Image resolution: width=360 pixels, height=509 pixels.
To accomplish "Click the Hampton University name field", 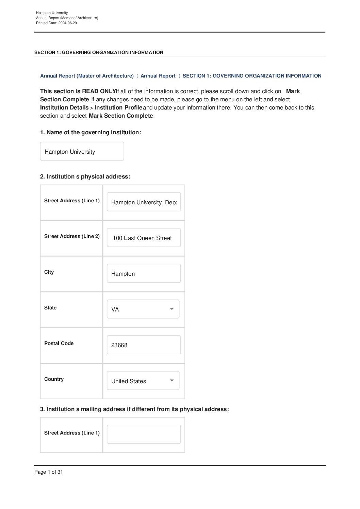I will pyautogui.click(x=82, y=152).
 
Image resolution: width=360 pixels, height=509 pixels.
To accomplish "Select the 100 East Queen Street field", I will pyautogui.click(x=144, y=238).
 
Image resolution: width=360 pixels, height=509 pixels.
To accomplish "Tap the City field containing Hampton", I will pyautogui.click(x=144, y=274).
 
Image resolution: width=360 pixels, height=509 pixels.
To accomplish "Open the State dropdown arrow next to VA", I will pyautogui.click(x=172, y=309).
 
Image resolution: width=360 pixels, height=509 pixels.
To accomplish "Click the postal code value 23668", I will pyautogui.click(x=119, y=345).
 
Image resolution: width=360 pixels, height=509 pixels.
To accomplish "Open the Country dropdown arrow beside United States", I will pyautogui.click(x=172, y=381).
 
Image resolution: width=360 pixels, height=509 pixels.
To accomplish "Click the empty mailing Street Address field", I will pyautogui.click(x=144, y=434).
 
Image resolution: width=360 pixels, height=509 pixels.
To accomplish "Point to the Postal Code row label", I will pyautogui.click(x=59, y=343).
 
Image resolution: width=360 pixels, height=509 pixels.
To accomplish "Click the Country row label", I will pyautogui.click(x=54, y=379).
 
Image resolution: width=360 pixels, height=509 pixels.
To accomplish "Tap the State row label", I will pyautogui.click(x=50, y=308).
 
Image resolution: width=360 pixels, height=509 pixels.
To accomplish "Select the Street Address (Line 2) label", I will pyautogui.click(x=72, y=236).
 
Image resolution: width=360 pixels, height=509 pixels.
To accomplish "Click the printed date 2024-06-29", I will pyautogui.click(x=67, y=23).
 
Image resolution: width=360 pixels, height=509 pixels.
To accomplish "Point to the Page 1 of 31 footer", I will pyautogui.click(x=49, y=472).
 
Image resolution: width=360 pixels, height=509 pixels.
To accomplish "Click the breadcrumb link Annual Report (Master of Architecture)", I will pyautogui.click(x=87, y=76).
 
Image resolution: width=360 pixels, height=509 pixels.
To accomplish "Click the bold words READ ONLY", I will pyautogui.click(x=99, y=91).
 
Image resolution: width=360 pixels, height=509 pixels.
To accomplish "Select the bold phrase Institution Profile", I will pyautogui.click(x=118, y=107).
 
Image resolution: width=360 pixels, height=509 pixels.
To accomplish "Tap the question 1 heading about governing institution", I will pyautogui.click(x=91, y=132).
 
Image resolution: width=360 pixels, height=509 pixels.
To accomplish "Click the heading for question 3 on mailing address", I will pyautogui.click(x=134, y=409).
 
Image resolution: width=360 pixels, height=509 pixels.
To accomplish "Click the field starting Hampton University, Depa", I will pyautogui.click(x=144, y=202).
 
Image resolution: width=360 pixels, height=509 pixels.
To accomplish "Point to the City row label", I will pyautogui.click(x=49, y=272).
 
